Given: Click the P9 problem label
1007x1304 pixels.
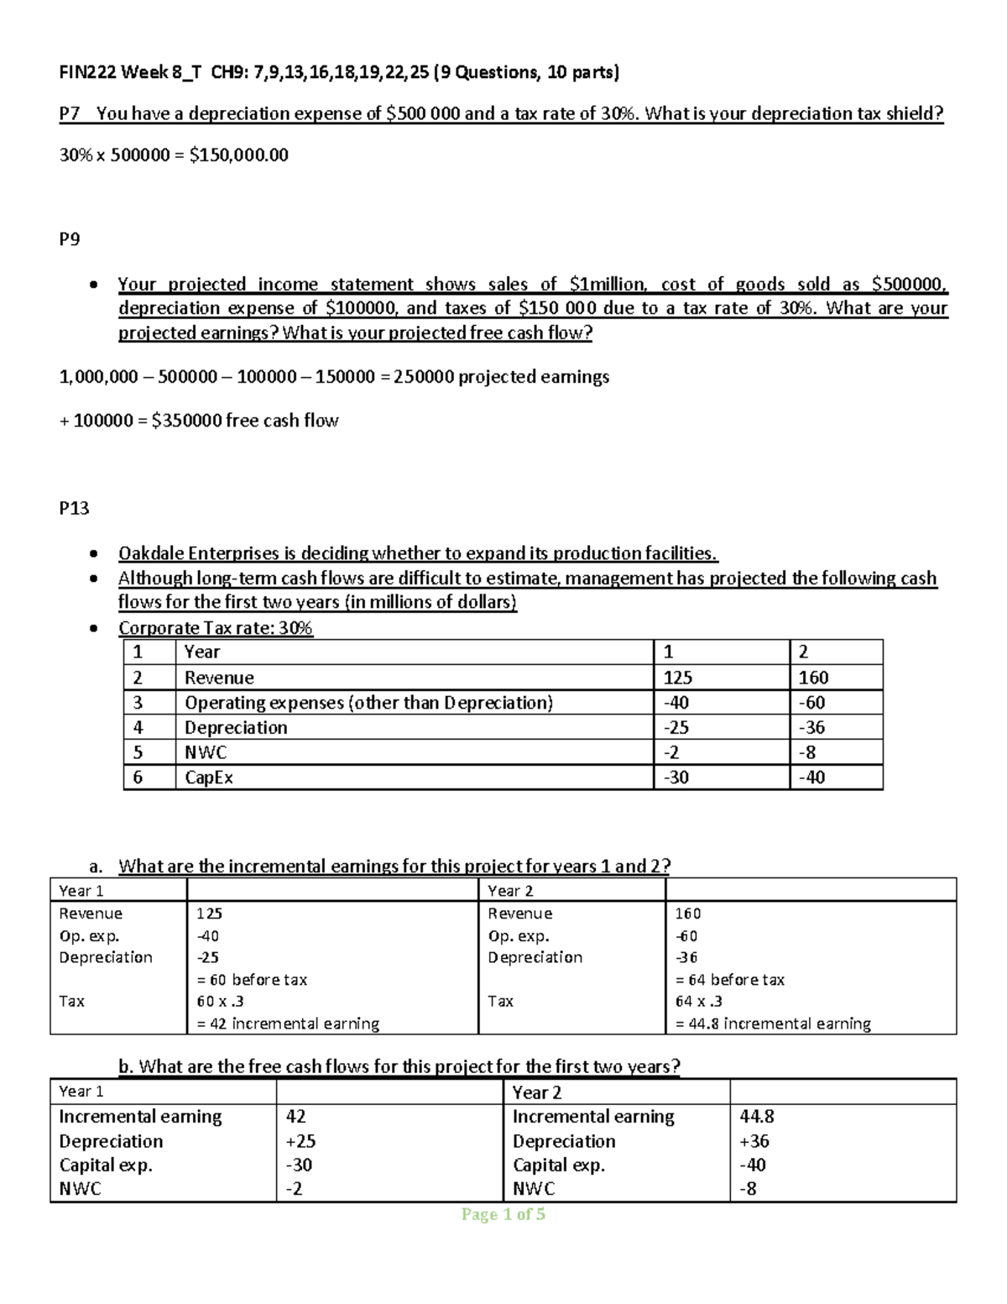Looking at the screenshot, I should coord(69,239).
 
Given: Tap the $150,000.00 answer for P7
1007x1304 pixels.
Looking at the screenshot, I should coord(239,154).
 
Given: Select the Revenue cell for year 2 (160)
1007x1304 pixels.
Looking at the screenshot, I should coord(813,678).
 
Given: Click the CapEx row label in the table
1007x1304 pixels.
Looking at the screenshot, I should coord(208,778).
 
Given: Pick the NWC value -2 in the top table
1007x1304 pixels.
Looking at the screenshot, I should coord(670,752).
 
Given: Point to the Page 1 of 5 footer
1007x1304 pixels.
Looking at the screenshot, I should coord(503,1214).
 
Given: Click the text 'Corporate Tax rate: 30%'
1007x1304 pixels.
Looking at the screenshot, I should coord(216,628).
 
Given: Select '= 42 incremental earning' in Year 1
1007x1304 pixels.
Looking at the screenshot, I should coord(288,1024).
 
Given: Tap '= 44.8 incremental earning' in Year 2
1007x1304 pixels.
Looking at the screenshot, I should coord(773,1024).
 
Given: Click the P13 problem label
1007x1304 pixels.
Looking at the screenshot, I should coord(74,508).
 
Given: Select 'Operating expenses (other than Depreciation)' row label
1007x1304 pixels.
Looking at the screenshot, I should coord(368,703).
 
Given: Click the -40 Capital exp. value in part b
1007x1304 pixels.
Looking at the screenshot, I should coord(752,1165).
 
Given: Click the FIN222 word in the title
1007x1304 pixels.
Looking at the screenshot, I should coord(88,72).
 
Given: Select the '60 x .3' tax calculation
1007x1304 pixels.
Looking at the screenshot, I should coord(220,1001).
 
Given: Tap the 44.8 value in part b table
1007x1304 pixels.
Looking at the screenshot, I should coord(756,1117).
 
